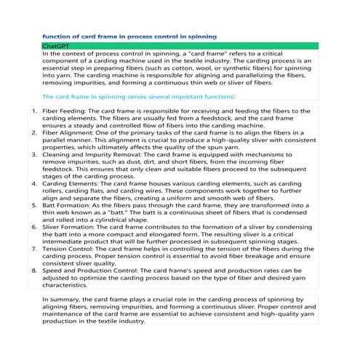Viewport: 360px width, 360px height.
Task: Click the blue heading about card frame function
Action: click(x=129, y=36)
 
